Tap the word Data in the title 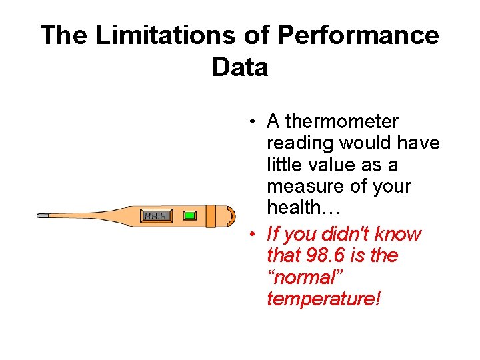[240, 67]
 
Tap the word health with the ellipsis [303, 207]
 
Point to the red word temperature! [323, 298]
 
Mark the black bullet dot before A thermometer [253, 123]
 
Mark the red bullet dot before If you [253, 235]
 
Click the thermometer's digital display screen [157, 215]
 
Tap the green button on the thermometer [190, 215]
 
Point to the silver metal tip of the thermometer [43, 216]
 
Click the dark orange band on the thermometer [211, 215]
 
